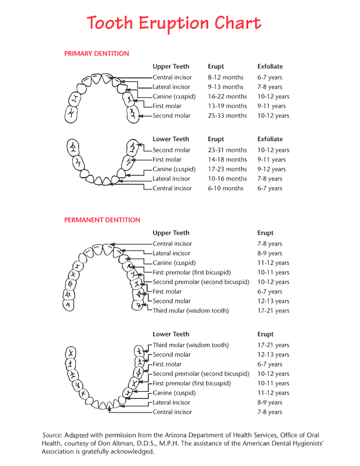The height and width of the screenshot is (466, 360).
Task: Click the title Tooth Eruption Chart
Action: (174, 24)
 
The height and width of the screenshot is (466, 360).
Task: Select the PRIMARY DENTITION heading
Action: (96, 54)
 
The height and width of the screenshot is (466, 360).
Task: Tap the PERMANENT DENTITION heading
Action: (102, 220)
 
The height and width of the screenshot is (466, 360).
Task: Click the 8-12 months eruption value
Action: (225, 78)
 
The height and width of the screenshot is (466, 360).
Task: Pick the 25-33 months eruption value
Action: (227, 116)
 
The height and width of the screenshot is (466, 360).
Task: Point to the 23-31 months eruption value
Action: (227, 150)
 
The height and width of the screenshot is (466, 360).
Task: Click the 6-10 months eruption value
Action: (225, 188)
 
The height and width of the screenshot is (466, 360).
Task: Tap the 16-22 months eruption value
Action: (227, 96)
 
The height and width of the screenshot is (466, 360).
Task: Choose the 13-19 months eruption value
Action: (227, 106)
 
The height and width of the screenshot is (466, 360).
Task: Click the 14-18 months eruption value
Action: (227, 159)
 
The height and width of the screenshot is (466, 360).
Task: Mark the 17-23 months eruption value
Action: (227, 169)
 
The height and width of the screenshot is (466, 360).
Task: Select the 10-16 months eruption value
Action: (227, 179)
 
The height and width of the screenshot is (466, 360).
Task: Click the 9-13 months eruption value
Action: (225, 87)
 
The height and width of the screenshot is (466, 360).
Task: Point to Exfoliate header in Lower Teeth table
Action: (270, 139)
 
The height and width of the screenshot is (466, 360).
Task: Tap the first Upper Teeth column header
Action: (171, 67)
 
